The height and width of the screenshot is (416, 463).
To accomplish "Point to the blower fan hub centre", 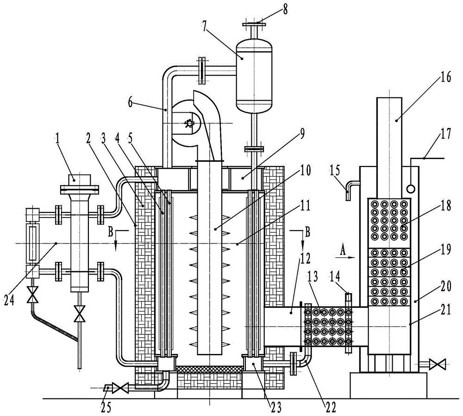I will click(189, 123).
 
